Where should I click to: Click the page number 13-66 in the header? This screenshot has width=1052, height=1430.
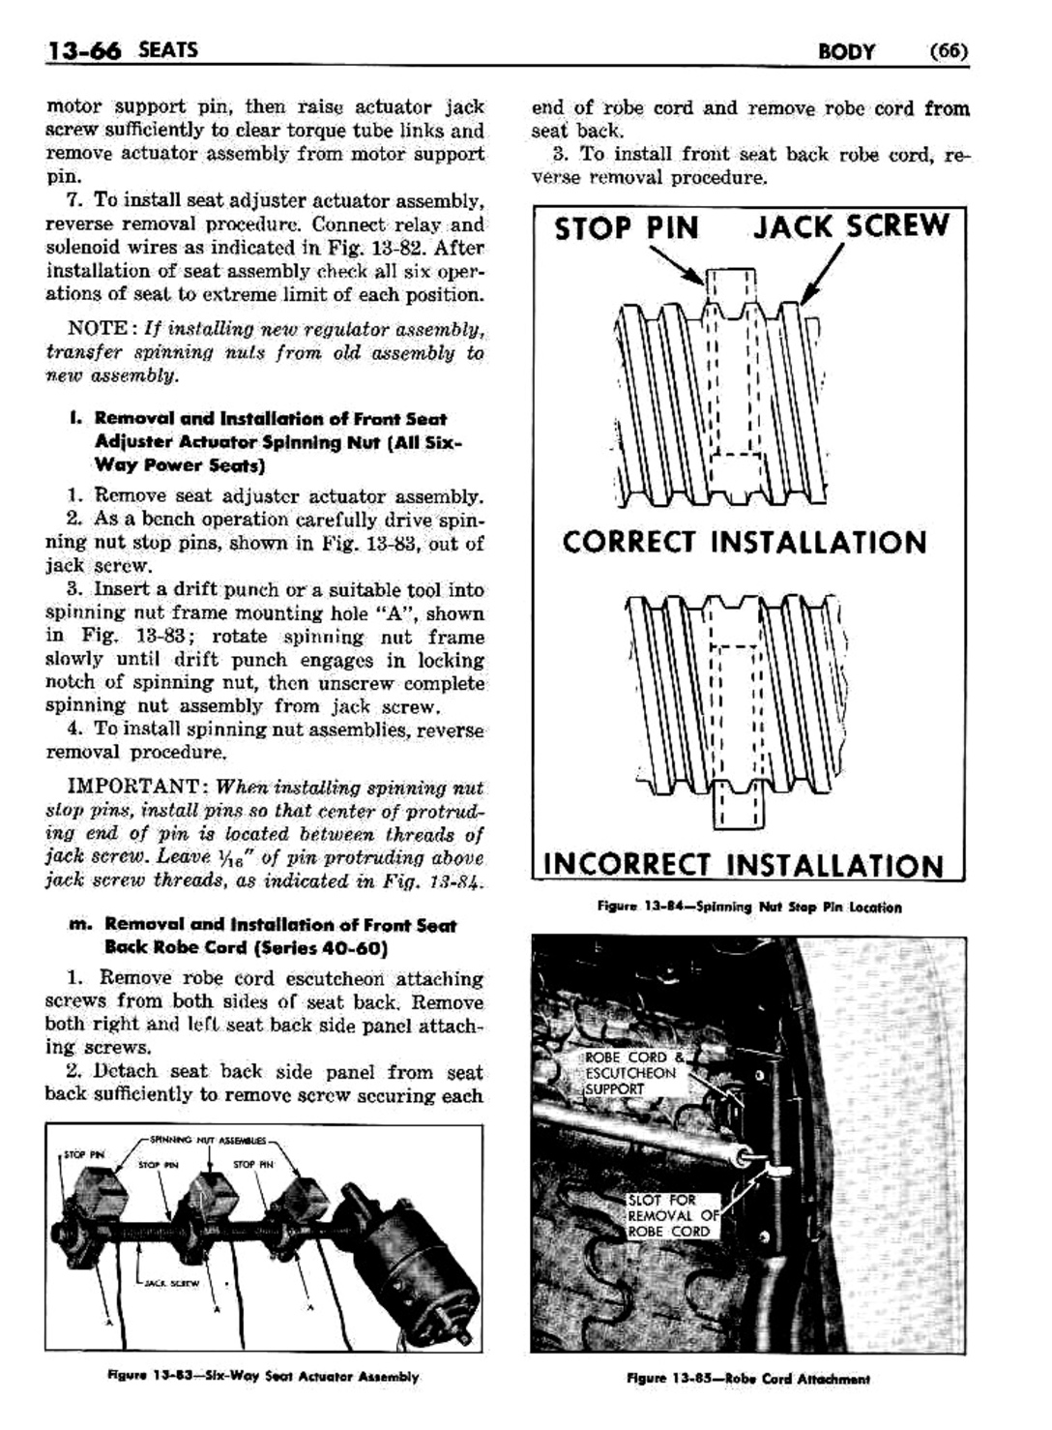coord(83,50)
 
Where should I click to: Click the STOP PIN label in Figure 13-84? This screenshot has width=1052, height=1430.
coord(626,228)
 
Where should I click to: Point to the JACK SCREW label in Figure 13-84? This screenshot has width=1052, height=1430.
coord(851,226)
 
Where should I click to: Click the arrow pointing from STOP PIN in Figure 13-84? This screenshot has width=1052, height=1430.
coord(677,264)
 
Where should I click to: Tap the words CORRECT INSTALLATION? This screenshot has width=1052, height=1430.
coord(745,542)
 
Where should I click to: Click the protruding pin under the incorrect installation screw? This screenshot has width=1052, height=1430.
coord(738,806)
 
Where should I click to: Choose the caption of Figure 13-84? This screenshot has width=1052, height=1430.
coord(748,908)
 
